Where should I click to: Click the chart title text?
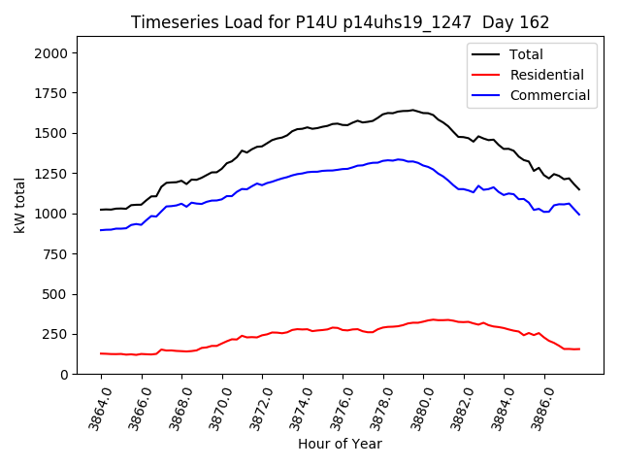[340, 22]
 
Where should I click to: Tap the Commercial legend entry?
[549, 95]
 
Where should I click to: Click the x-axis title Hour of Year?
[340, 444]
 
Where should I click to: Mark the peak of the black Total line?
[412, 110]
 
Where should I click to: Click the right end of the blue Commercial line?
[579, 214]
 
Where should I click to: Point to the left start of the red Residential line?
[101, 353]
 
